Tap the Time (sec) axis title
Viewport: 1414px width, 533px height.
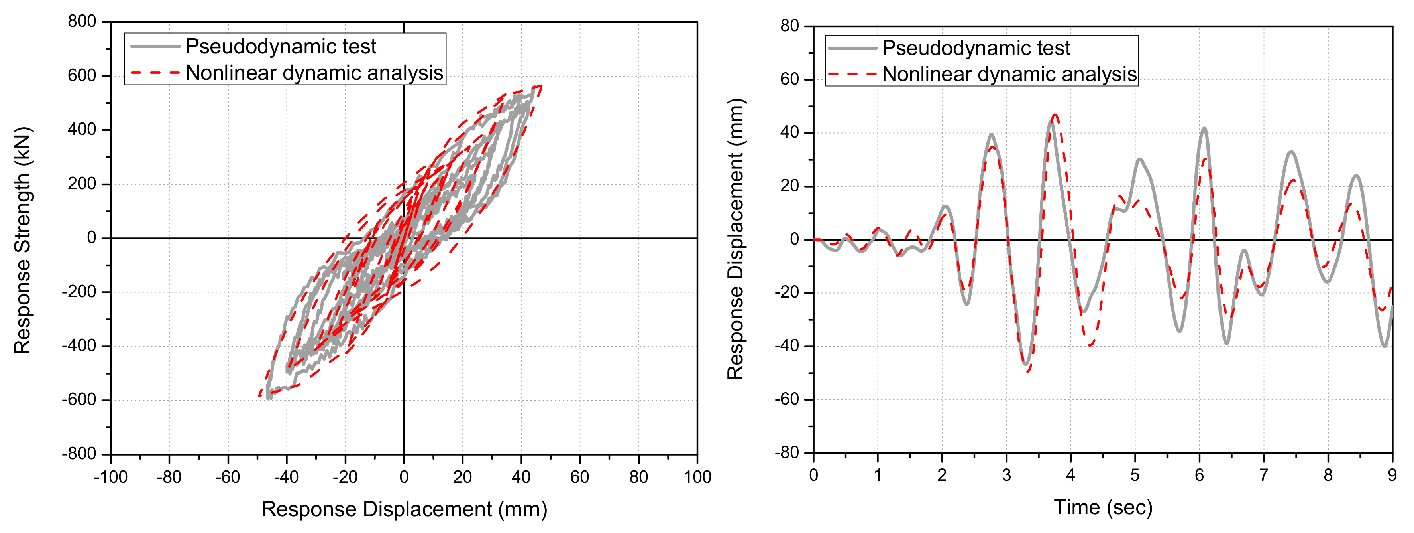(1103, 507)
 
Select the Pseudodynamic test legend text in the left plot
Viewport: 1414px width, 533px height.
(281, 47)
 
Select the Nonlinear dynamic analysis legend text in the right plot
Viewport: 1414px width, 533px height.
(1009, 74)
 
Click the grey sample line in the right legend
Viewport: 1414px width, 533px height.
(852, 48)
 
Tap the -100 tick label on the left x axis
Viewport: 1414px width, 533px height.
(111, 476)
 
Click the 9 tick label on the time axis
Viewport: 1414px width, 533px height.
(1392, 475)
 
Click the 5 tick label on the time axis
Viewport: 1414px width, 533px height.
(1135, 475)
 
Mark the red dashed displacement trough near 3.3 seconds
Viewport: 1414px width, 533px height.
(1027, 372)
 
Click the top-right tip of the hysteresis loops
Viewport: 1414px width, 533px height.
(541, 86)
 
